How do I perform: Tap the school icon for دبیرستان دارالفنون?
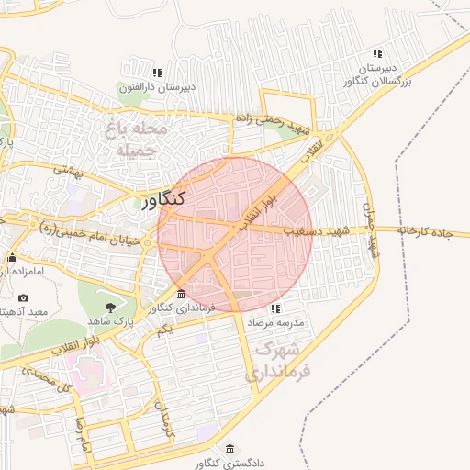pos(157,72)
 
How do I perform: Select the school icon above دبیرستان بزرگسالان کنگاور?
pos(377,53)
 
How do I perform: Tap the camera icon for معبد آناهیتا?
pos(23,297)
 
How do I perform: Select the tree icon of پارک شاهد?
pos(110,306)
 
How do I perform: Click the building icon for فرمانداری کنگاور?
pos(180,295)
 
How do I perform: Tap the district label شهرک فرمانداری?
pos(279,362)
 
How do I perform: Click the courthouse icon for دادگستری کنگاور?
pos(229,449)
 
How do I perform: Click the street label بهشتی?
pos(68,169)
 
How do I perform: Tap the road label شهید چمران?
pos(371,229)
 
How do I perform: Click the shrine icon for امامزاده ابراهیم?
pos(12,257)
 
